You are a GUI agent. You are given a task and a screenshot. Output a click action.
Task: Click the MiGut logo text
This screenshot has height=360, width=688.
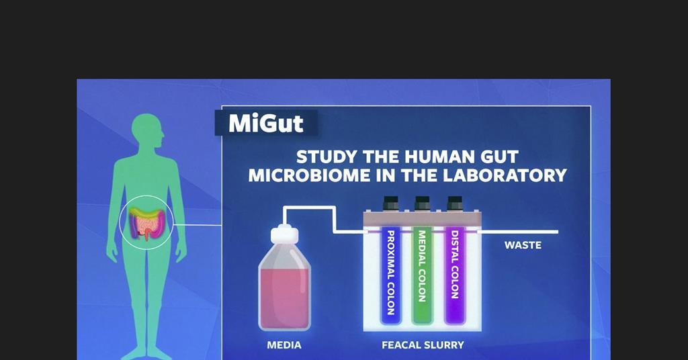coord(266,124)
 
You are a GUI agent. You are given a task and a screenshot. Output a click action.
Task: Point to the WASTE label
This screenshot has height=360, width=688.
coord(523,245)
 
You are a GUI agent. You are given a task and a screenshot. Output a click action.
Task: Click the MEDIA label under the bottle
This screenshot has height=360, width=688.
coord(284,345)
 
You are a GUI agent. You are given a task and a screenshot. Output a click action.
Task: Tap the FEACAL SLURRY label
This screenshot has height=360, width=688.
coord(423,345)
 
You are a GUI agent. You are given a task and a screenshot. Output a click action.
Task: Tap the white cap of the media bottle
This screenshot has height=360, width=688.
coord(284,234)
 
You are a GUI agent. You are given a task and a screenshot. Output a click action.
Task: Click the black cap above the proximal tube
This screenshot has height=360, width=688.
coord(390,203)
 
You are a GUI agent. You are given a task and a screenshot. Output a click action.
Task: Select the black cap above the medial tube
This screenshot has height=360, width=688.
coord(422,203)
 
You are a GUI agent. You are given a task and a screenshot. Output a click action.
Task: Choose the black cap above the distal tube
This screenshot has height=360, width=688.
coord(454,203)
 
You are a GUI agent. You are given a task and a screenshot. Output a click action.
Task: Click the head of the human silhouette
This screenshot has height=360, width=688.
coord(148,132)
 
